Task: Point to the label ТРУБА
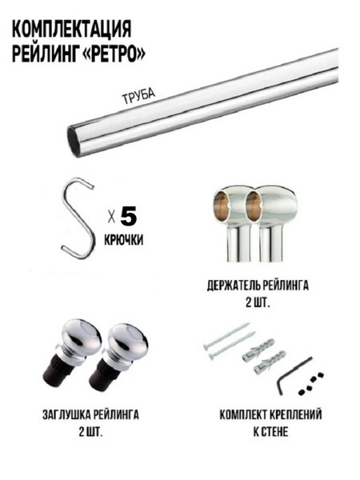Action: click(138, 97)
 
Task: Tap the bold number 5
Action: click(129, 217)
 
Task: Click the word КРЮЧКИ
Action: click(124, 240)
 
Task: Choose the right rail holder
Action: click(269, 223)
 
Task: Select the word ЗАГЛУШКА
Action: click(66, 415)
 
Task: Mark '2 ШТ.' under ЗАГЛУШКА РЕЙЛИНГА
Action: click(90, 432)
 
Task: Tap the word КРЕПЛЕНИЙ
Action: click(296, 415)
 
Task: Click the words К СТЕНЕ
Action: click(270, 432)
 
